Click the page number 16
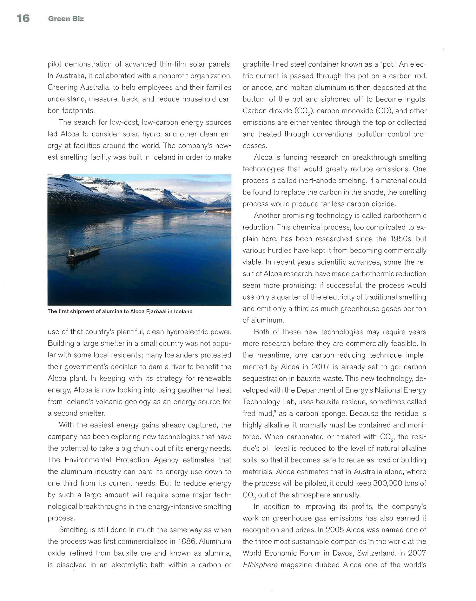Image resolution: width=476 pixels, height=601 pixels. click(23, 19)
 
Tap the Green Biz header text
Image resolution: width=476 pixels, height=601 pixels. click(66, 19)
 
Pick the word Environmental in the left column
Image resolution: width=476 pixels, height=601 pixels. click(87, 460)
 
